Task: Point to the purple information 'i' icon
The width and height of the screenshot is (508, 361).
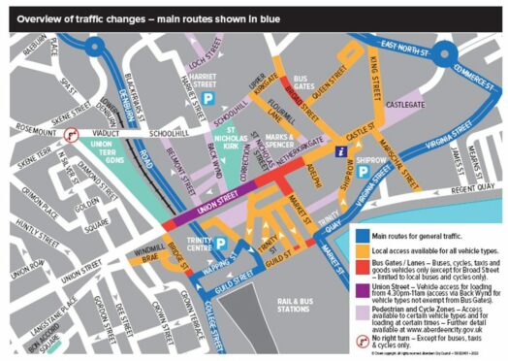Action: point(338,151)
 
